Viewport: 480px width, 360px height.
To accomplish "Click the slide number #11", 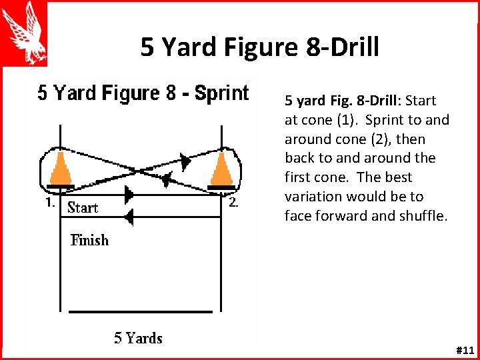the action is (464, 350).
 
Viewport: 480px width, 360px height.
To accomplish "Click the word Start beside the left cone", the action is (83, 207).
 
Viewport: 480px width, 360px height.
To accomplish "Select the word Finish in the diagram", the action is (89, 240).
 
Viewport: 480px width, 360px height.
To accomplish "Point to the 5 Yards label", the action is (138, 338).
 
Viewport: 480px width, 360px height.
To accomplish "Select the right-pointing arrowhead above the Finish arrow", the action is (129, 195).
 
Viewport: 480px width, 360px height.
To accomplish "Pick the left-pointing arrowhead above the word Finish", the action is (129, 217).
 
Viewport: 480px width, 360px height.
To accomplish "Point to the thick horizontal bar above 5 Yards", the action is (141, 311).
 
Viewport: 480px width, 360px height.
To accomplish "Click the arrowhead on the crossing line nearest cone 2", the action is (185, 160).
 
